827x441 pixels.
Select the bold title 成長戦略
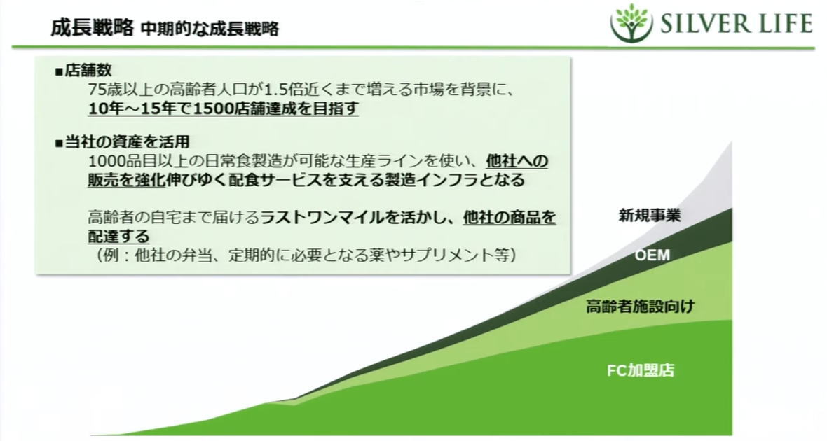(x=92, y=27)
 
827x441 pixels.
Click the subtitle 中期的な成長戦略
(x=210, y=29)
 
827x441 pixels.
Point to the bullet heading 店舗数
(x=88, y=71)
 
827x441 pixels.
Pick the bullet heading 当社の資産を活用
(x=127, y=141)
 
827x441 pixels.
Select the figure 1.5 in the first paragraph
(x=274, y=90)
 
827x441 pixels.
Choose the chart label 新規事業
(x=649, y=215)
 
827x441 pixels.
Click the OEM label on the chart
(x=652, y=255)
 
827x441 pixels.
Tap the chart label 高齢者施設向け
(x=641, y=306)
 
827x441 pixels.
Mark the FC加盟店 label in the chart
(x=641, y=370)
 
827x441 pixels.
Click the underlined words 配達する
(x=118, y=236)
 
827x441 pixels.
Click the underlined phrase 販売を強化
(x=127, y=180)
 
